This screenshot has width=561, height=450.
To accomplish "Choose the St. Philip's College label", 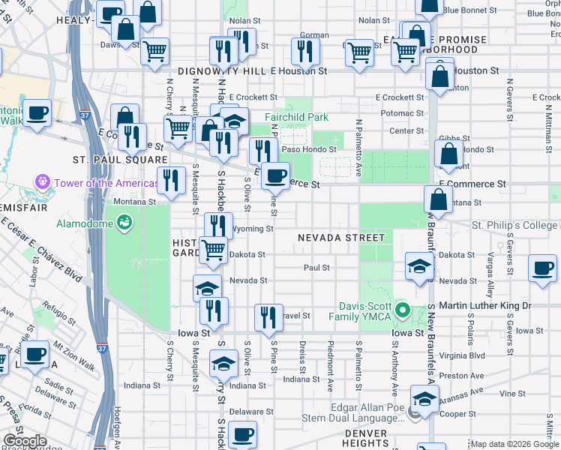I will pos(514,225).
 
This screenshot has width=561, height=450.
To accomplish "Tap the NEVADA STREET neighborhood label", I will pos(340,238).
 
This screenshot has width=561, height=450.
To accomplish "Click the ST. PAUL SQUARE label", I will pos(119,160).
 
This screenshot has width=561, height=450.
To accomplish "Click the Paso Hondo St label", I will pos(309,148).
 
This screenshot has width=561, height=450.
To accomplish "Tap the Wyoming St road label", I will pos(251,229).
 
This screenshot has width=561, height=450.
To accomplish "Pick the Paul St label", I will pos(316,267).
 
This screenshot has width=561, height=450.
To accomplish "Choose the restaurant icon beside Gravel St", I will pos(267,316).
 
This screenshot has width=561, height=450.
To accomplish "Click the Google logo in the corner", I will pos(24,441).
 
